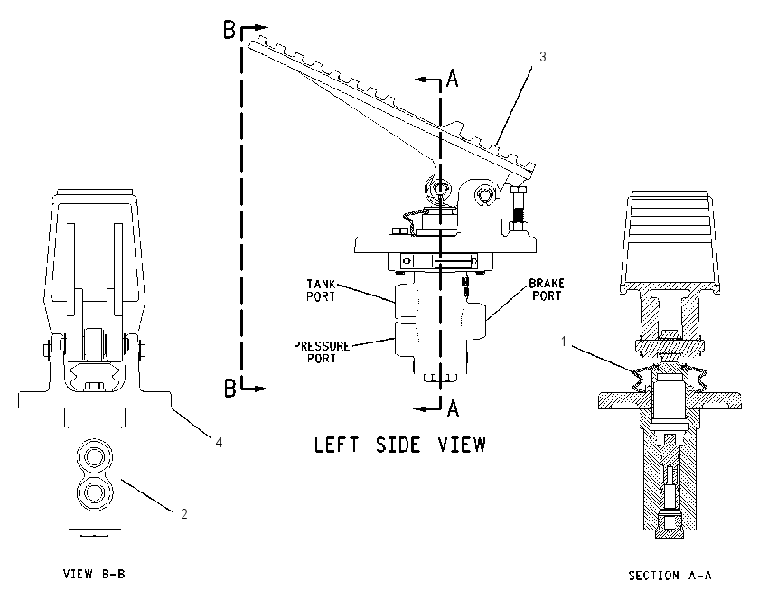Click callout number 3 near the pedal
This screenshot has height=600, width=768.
pyautogui.click(x=542, y=57)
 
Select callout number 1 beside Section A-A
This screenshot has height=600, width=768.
pyautogui.click(x=563, y=342)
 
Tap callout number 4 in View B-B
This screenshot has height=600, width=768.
pyautogui.click(x=219, y=442)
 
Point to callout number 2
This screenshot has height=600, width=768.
pyautogui.click(x=184, y=514)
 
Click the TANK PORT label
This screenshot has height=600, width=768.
pyautogui.click(x=322, y=290)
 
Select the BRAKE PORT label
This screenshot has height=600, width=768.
pyautogui.click(x=547, y=289)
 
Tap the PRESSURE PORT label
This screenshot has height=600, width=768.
pyautogui.click(x=322, y=352)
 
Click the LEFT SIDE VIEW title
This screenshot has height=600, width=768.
pyautogui.click(x=399, y=445)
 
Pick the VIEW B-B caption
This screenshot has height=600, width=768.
pyautogui.click(x=94, y=574)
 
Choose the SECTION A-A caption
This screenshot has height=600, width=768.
pyautogui.click(x=670, y=575)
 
